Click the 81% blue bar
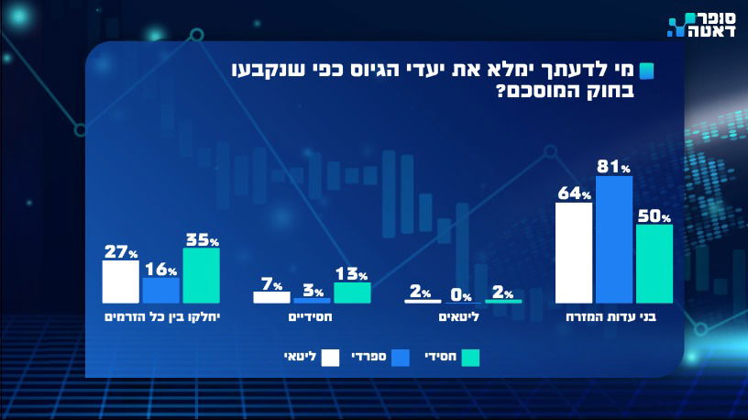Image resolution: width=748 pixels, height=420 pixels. coord(614,239)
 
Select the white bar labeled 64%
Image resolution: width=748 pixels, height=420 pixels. coord(574,253)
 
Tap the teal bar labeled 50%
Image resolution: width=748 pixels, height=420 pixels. coord(654,264)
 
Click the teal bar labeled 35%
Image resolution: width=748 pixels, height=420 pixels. coord(202,276)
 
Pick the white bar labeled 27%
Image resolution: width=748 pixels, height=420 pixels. coord(120,282)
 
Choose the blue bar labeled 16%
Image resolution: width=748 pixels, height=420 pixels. coord(160,291)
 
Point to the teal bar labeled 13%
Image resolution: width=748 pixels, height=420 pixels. coord(352,293)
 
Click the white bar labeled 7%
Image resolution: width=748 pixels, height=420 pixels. coord(271,297)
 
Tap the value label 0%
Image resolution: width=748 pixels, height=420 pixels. coord(461,296)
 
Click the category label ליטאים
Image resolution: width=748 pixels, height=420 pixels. coord(465,317)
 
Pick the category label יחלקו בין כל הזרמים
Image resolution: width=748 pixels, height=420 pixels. coord(161,317)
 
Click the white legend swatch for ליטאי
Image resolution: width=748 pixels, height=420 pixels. coord(332,357)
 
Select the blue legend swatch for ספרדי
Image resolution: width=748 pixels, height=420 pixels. coord(400,357)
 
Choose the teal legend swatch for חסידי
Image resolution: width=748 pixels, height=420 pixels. coord(471,357)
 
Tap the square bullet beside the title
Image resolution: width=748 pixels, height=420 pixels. coord(647,72)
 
